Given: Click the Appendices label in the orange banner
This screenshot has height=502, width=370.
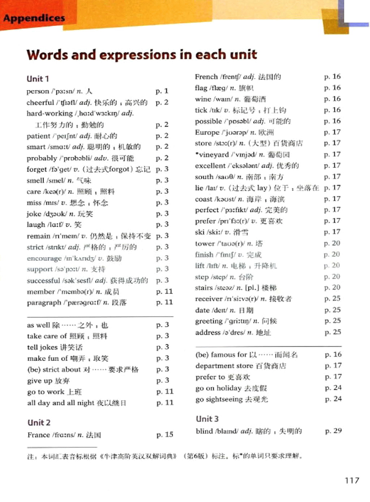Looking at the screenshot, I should [34, 18].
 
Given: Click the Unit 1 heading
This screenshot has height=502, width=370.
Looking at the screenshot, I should [38, 79].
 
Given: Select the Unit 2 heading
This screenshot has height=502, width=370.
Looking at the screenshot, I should [39, 422].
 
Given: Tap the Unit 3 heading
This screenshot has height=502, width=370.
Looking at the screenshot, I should [207, 419].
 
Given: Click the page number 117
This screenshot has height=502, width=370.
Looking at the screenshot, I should [352, 480].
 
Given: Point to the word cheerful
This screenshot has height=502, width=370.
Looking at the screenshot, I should [40, 102].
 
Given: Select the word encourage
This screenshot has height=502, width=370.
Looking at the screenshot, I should [44, 258].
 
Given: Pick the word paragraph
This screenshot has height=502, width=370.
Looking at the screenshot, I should [44, 303].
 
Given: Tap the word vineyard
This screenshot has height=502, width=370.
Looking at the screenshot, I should [214, 155].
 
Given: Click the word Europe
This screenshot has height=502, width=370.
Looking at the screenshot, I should [207, 132].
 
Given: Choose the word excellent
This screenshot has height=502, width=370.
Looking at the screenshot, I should [210, 166].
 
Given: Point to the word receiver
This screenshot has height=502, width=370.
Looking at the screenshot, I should [208, 299].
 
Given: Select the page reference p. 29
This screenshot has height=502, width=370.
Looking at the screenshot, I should [333, 431].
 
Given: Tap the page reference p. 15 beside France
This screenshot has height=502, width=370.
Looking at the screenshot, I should [165, 434].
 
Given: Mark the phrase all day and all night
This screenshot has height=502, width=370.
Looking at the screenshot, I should [61, 403].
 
